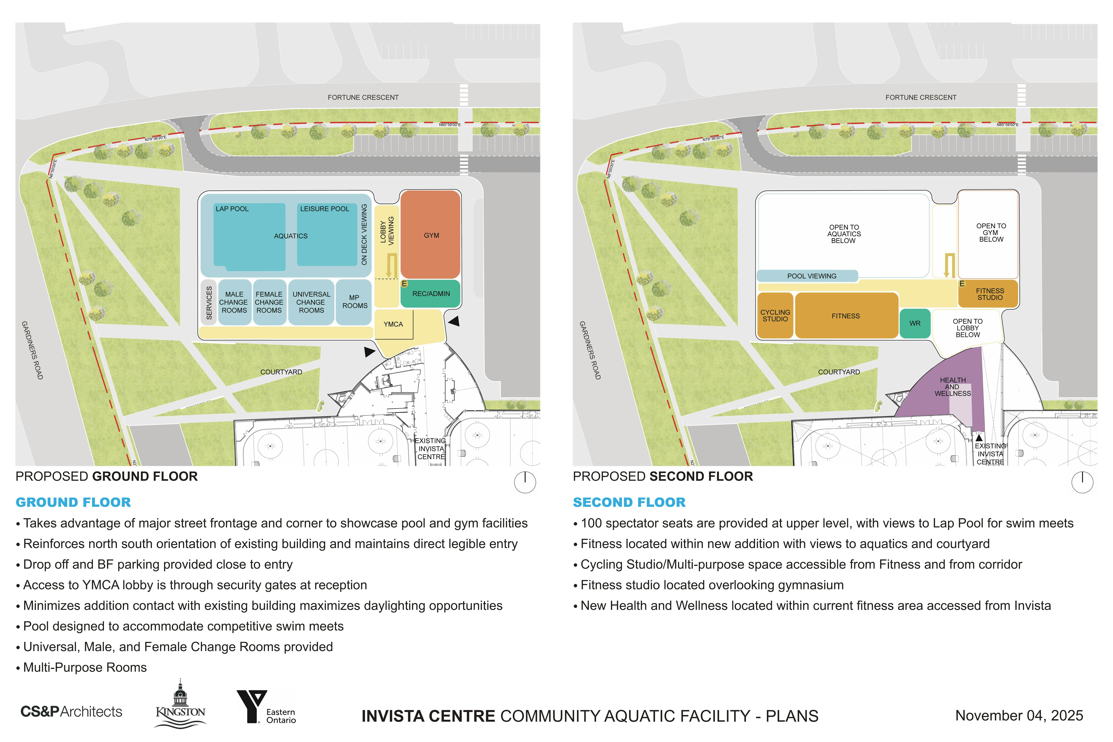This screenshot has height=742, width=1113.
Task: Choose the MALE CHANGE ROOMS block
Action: (234, 302)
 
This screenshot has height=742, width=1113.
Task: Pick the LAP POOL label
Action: (232, 209)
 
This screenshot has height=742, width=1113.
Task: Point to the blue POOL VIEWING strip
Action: (811, 276)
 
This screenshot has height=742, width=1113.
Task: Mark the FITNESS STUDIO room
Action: (989, 294)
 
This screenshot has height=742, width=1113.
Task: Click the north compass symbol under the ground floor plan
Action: (525, 482)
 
